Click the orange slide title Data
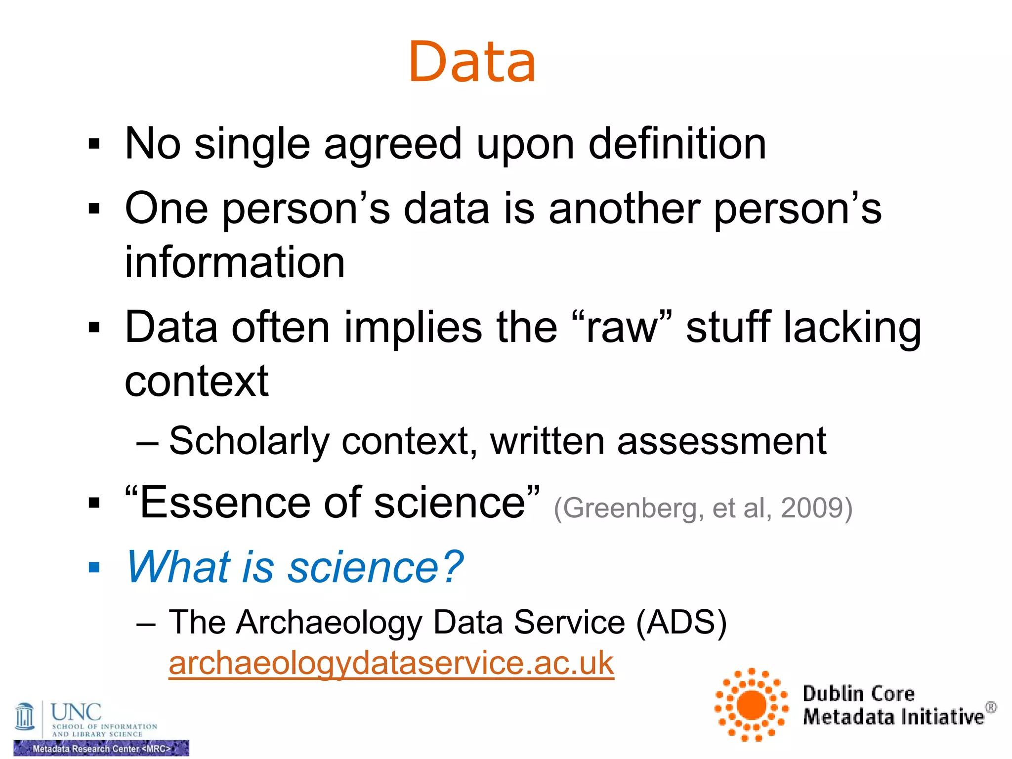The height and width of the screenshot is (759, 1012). [x=472, y=62]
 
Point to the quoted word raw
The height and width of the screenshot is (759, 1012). [x=622, y=328]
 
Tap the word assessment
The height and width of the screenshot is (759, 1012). [x=721, y=441]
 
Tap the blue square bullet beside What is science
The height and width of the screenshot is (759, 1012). [x=94, y=567]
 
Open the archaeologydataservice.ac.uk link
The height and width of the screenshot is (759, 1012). [x=391, y=663]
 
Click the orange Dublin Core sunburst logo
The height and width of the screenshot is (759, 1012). [x=752, y=705]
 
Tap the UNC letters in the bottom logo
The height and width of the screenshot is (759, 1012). [x=76, y=712]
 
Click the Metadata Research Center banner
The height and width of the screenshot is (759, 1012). [x=101, y=749]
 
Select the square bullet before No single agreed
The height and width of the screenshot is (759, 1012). [x=94, y=144]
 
